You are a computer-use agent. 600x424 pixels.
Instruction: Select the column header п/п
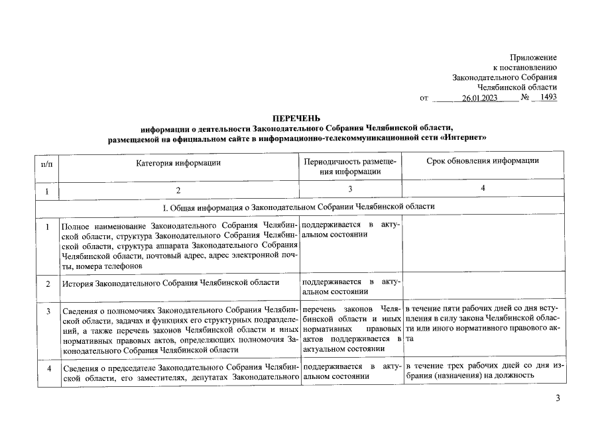(x=46, y=162)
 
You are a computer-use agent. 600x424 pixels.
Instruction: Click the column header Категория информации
(x=178, y=162)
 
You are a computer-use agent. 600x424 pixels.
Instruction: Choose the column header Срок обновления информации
(x=483, y=161)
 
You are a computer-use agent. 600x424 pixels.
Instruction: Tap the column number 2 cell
(x=178, y=191)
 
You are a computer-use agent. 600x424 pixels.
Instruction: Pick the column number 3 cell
(x=350, y=191)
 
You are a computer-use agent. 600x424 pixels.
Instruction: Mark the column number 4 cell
(x=483, y=190)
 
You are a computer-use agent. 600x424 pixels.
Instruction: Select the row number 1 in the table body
(x=47, y=227)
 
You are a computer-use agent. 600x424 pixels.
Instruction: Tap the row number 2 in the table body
(x=47, y=284)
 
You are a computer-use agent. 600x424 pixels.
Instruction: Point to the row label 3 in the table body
(x=47, y=311)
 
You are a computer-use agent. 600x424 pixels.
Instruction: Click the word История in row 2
(x=78, y=284)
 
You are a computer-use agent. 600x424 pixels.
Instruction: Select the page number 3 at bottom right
(x=558, y=398)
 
